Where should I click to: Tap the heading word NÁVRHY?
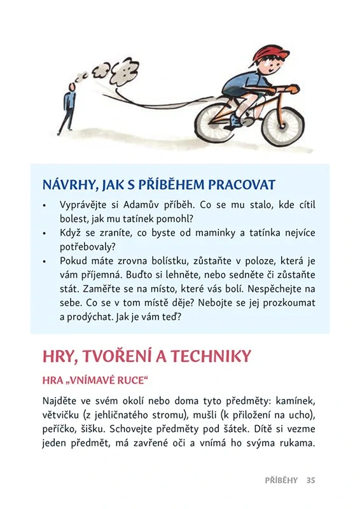68,185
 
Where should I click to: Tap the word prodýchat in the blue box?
92,316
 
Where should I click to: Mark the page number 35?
310,480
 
